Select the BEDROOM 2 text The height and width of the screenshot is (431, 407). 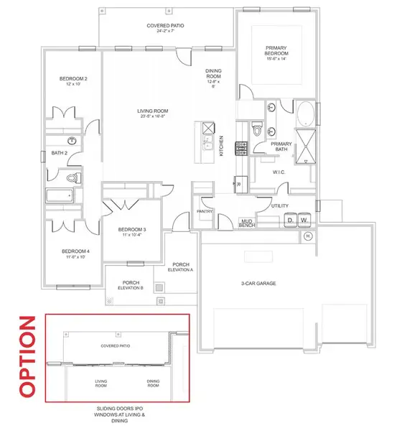point(72,79)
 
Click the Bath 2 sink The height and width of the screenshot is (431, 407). point(73,141)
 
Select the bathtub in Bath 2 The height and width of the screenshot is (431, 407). point(59,196)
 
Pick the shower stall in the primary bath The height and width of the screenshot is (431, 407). point(307,146)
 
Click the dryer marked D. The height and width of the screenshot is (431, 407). point(292,221)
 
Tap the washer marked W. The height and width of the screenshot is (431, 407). point(305,221)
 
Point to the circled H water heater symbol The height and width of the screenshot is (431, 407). point(309,236)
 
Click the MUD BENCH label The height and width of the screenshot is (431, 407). point(248,223)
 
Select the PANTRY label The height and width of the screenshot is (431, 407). point(203,211)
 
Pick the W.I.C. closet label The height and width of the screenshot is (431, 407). point(279,172)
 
